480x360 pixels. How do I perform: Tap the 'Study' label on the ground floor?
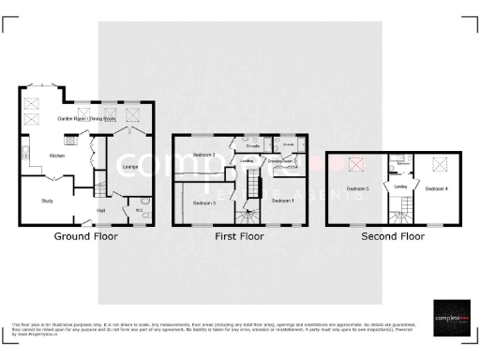click(47, 201)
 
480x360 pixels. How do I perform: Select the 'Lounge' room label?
click(130, 167)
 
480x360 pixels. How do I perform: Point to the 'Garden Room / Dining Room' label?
click(87, 120)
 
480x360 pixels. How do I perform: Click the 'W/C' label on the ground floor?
click(139, 210)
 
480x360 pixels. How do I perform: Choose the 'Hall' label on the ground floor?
click(101, 210)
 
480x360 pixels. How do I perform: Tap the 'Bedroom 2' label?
click(204, 154)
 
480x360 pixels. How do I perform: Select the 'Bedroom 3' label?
click(204, 202)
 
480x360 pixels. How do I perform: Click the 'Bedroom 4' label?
click(437, 188)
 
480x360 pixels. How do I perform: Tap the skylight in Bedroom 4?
click(436, 164)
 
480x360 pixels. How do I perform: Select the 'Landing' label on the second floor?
click(400, 187)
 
